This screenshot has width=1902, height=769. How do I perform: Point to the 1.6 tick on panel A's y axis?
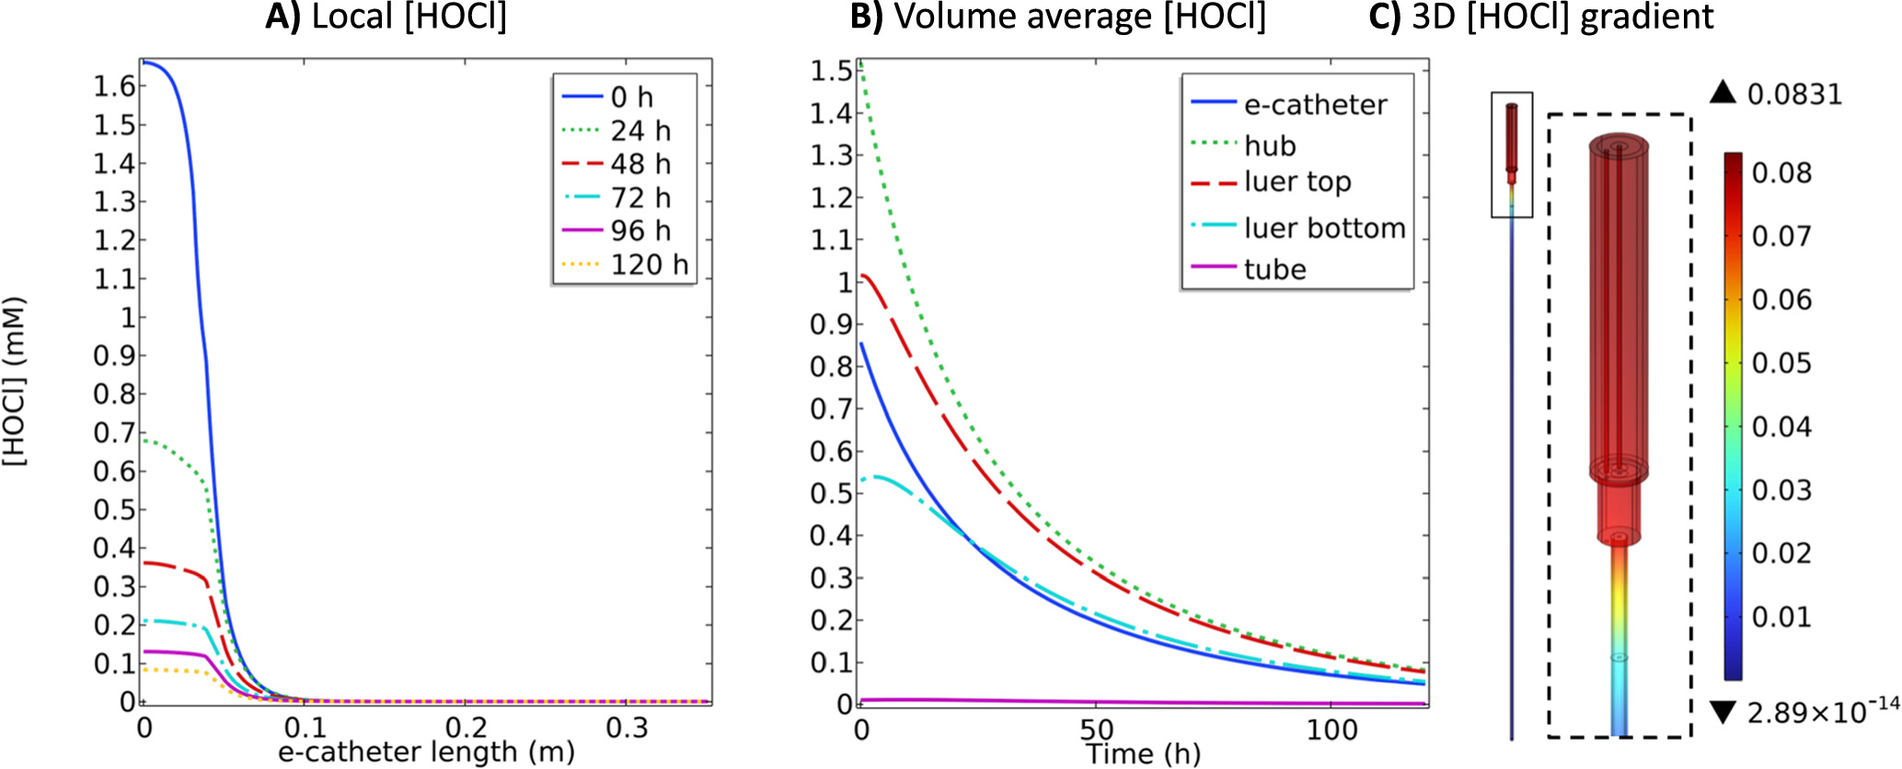click(114, 86)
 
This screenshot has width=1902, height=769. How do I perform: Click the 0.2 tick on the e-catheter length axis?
click(467, 728)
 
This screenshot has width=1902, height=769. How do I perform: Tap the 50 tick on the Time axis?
click(1096, 729)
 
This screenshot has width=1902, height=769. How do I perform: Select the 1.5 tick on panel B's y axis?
click(830, 71)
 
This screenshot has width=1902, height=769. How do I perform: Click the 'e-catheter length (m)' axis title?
click(426, 752)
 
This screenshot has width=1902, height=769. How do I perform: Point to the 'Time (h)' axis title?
click(1143, 753)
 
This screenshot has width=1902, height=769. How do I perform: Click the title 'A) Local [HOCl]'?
click(386, 17)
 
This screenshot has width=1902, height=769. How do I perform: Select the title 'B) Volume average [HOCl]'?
click(1057, 17)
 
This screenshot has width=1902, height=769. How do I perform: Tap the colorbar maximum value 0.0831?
click(1794, 94)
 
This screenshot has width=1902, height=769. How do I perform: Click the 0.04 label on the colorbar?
click(1781, 426)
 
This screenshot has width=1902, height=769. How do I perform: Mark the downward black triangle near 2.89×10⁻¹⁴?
click(1723, 711)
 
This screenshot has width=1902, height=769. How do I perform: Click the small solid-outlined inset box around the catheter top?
click(1512, 155)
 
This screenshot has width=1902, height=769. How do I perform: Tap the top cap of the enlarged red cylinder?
click(1619, 145)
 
